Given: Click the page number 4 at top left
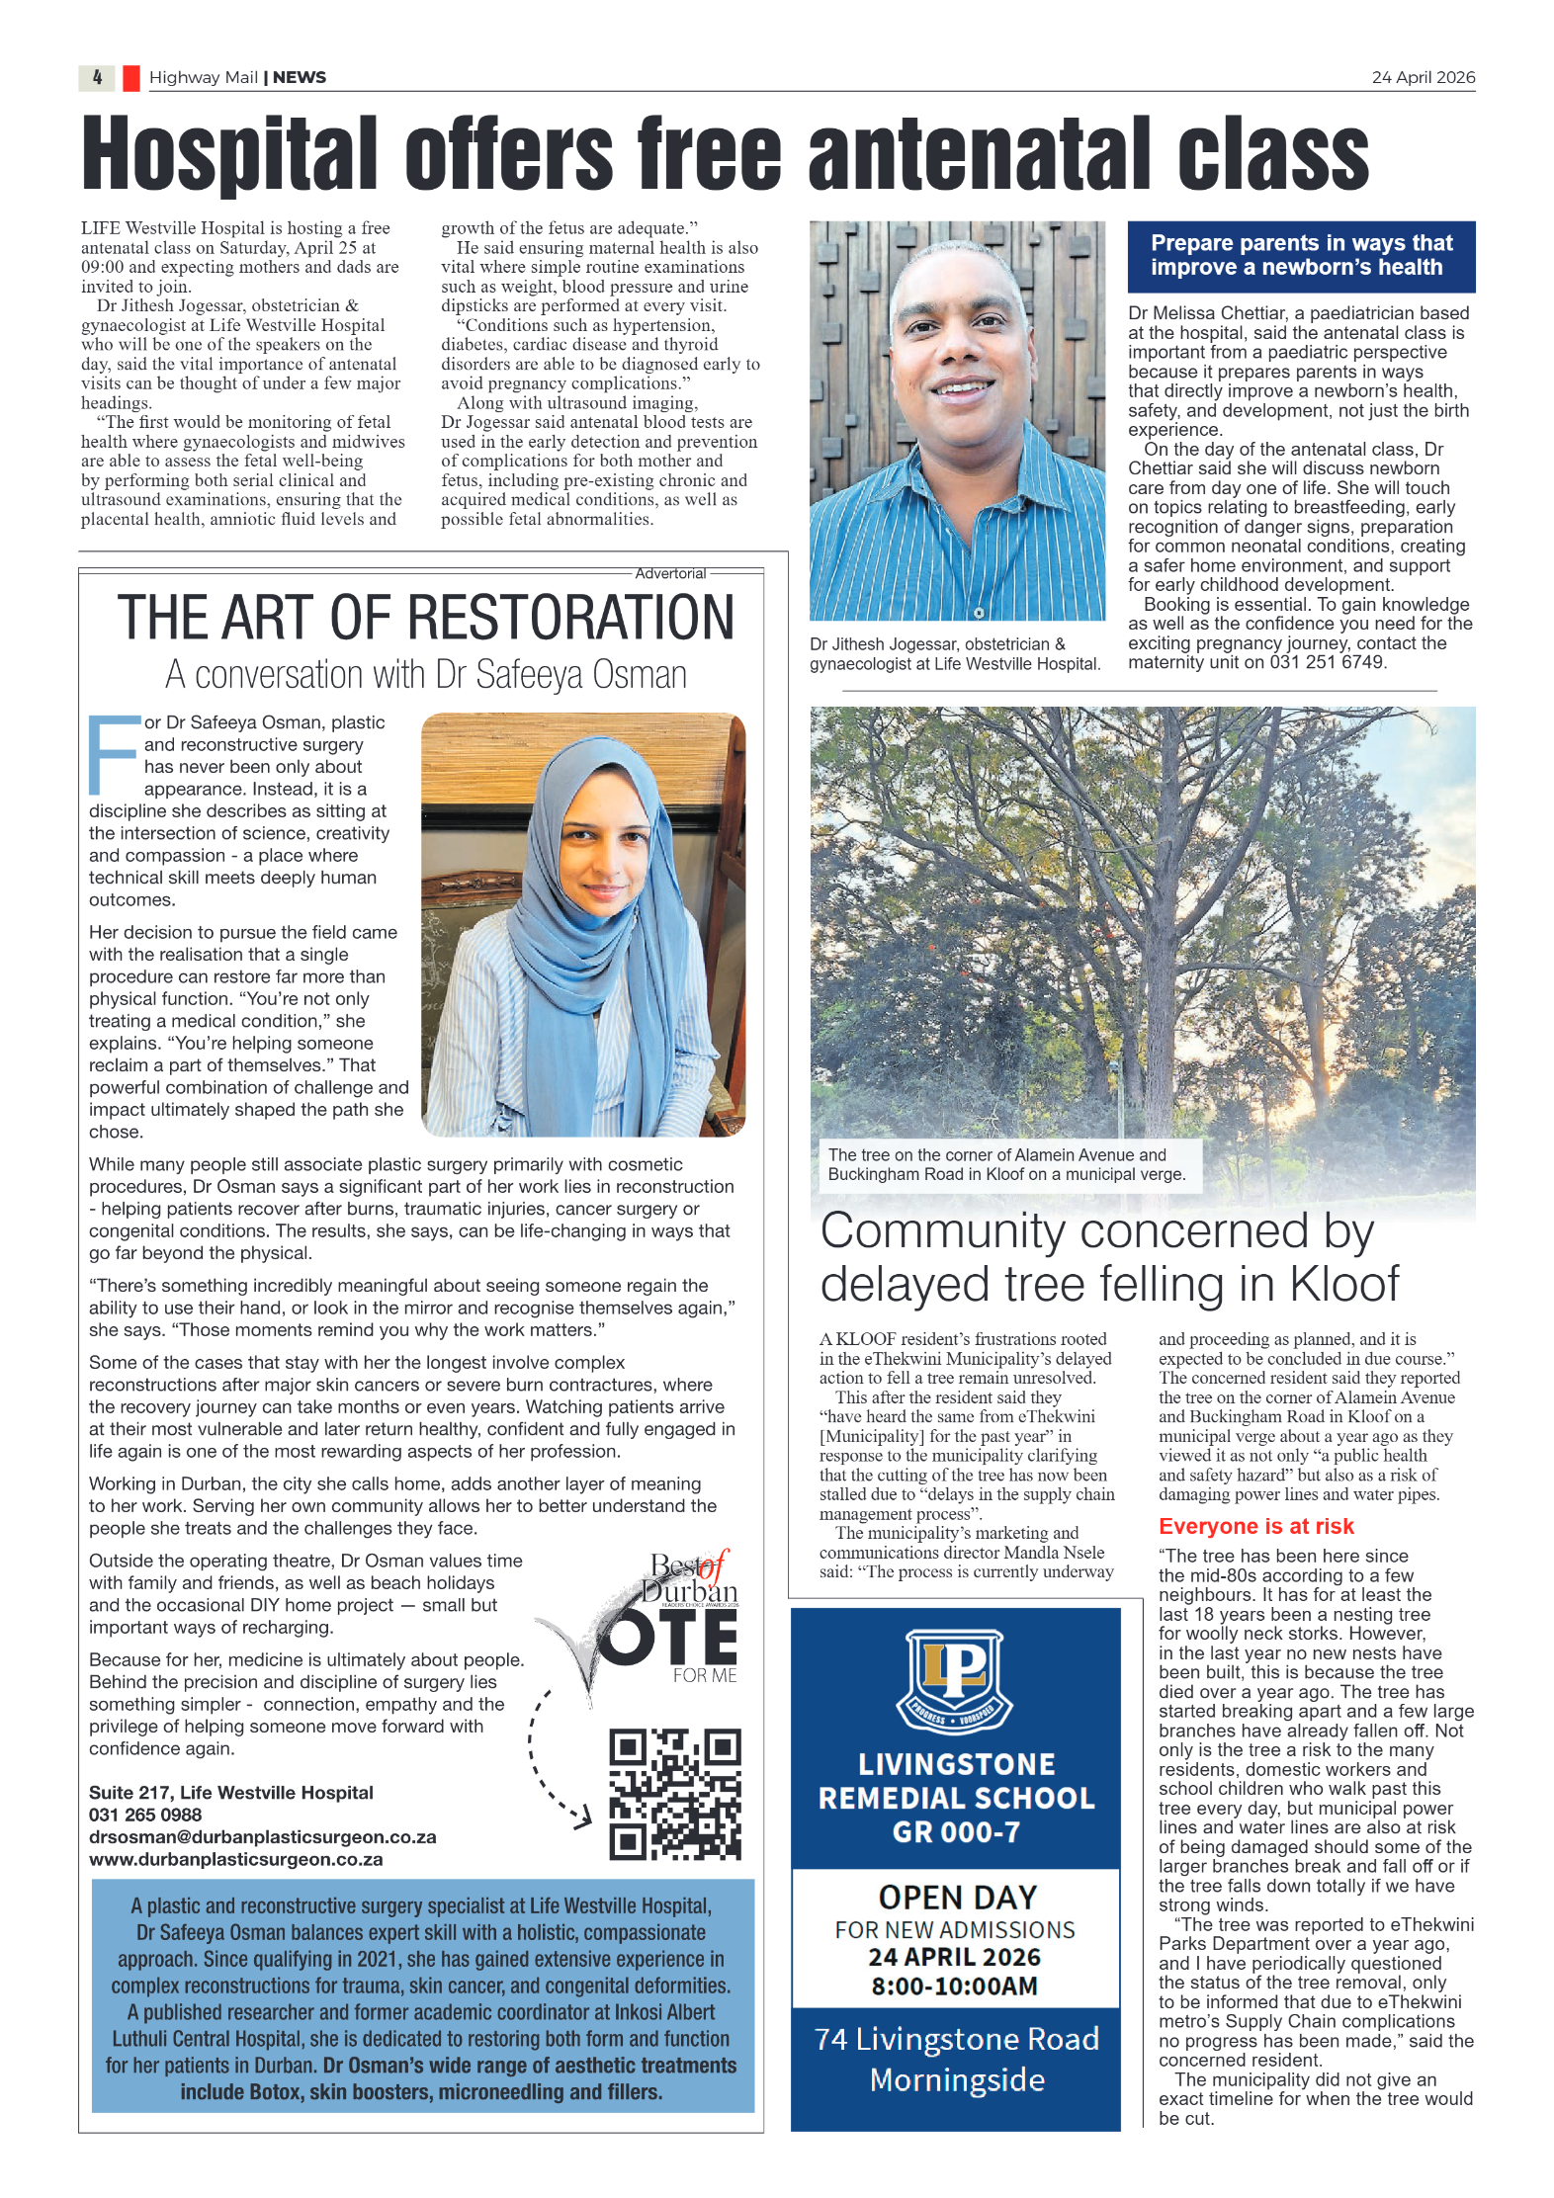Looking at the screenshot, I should (97, 77).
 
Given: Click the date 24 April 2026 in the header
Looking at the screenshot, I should (1423, 77).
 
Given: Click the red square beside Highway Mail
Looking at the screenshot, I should (130, 78).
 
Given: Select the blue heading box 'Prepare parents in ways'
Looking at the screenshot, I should (1301, 256).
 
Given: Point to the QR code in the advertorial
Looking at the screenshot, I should (675, 1793).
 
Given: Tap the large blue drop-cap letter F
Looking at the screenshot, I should (112, 755).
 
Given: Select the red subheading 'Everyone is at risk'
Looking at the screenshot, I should (1255, 1526).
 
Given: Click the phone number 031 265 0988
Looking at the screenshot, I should (145, 1815).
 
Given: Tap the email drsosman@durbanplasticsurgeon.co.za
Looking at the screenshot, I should (262, 1836).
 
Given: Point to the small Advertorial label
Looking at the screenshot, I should (670, 573).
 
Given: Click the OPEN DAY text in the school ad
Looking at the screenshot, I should (957, 1897).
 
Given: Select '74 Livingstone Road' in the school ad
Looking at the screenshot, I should (956, 2038).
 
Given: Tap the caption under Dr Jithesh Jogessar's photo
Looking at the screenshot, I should (954, 654).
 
